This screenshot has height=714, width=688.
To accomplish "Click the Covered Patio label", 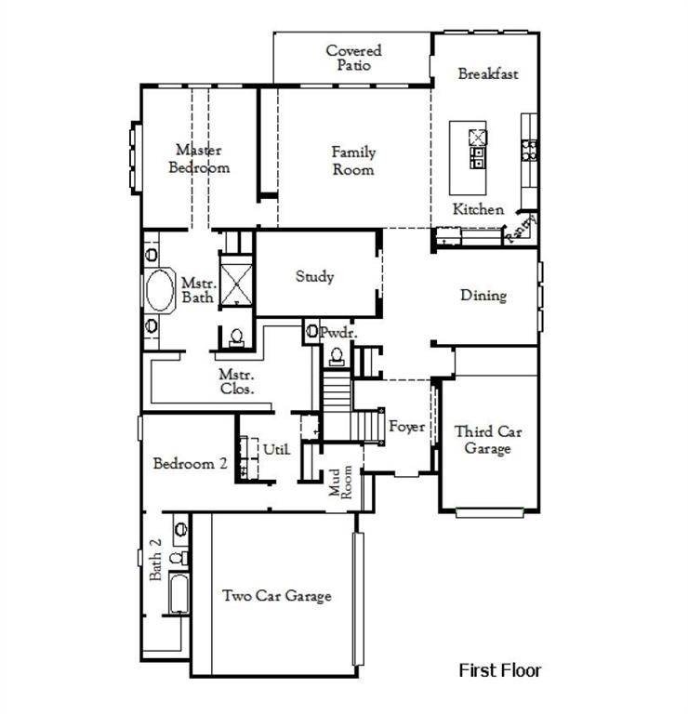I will [353, 58].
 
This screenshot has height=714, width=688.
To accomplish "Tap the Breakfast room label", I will [487, 73].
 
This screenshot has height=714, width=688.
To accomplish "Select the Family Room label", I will [353, 161].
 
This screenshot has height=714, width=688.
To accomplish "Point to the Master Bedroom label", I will [199, 158].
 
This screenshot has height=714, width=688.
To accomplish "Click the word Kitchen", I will [478, 209].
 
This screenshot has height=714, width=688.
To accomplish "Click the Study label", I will [314, 276].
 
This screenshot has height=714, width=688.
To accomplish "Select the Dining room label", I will [483, 296].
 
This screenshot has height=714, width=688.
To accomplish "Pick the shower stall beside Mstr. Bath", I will [235, 280].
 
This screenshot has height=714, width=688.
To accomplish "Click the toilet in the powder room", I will [335, 353].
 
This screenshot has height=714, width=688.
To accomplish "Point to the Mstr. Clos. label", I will [235, 381].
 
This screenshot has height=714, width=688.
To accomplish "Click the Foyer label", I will [406, 427].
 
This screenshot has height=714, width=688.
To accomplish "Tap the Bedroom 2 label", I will [191, 464].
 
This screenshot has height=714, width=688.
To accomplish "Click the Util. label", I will [276, 449].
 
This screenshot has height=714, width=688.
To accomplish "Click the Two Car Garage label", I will [276, 596].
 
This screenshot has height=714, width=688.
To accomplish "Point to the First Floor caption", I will [500, 669].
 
